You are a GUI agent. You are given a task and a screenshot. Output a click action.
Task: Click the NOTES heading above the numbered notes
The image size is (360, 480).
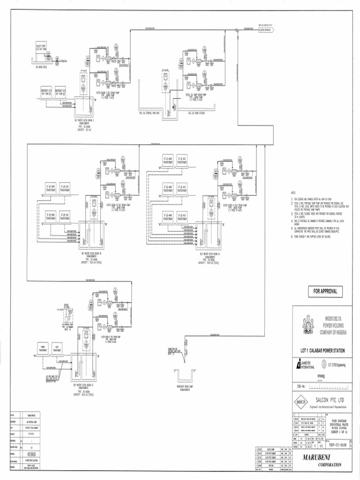(x=294, y=193)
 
